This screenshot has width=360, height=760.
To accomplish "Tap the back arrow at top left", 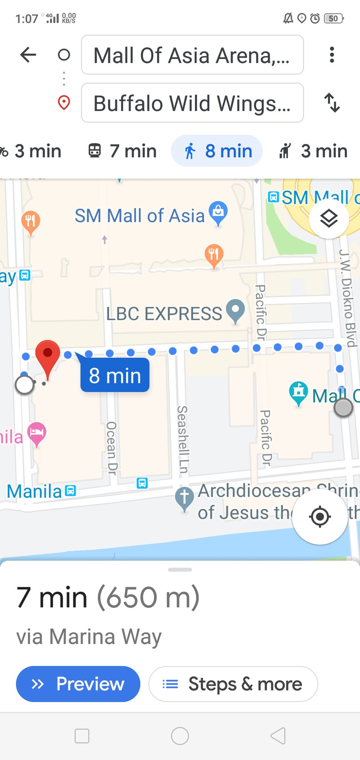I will [28, 55].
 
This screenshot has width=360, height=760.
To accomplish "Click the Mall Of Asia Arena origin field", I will [192, 55].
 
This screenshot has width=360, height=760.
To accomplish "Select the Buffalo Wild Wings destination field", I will [192, 103].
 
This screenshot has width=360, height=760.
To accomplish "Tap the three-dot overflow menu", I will [332, 55].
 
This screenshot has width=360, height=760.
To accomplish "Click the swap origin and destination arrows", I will [332, 103].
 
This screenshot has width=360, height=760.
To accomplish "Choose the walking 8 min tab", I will [217, 151].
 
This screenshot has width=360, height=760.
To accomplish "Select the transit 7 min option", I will [122, 151].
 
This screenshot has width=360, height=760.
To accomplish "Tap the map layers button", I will [329, 219].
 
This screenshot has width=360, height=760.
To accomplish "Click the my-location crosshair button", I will [320, 516].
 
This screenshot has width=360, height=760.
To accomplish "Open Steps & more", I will [233, 684].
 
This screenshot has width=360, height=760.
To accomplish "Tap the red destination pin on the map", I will [48, 356].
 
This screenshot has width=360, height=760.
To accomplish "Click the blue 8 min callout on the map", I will [115, 375].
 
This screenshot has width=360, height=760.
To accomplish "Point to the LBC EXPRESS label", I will [164, 314].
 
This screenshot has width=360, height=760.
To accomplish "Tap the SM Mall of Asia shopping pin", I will [218, 213].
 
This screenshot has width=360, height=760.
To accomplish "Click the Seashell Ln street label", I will [182, 440].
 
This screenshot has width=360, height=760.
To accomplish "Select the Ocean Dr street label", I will [111, 448].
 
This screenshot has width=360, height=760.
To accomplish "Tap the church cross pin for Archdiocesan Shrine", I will [184, 498].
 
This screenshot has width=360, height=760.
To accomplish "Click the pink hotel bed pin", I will [37, 433].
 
